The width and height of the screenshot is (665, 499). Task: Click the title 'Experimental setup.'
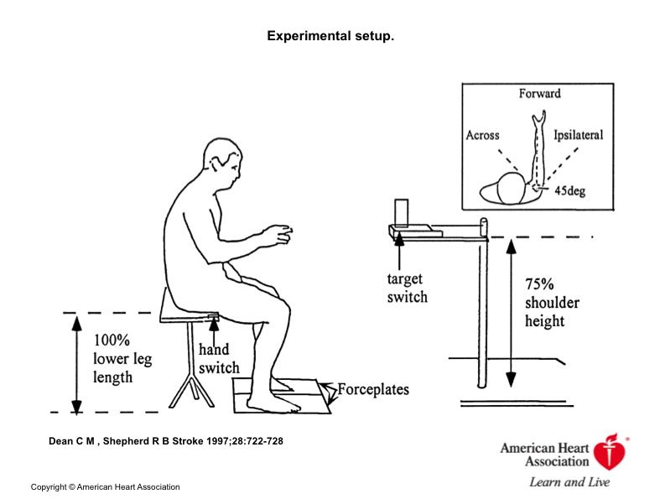click(330, 36)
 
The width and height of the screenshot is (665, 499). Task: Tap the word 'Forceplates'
click(373, 389)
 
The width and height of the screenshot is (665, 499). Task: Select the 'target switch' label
click(408, 288)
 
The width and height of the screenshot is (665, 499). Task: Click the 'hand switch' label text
click(219, 359)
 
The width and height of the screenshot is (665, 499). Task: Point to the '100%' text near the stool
click(112, 340)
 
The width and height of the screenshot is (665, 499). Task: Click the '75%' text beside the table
click(539, 283)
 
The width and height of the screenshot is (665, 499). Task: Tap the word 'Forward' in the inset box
click(539, 93)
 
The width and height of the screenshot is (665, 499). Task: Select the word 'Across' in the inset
click(483, 135)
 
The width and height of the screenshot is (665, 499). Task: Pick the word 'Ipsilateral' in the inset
click(578, 135)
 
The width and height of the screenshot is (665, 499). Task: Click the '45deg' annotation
click(570, 190)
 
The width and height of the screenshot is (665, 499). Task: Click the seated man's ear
click(221, 160)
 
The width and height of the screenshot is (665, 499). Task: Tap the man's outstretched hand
click(277, 235)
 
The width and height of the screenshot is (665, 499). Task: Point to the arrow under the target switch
click(399, 252)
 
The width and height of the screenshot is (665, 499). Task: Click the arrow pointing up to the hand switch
click(214, 332)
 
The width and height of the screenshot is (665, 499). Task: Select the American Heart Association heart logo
click(610, 452)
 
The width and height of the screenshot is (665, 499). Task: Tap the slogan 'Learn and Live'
click(569, 482)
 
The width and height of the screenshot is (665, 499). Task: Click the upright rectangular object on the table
click(401, 212)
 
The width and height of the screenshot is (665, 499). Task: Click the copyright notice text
click(105, 486)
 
